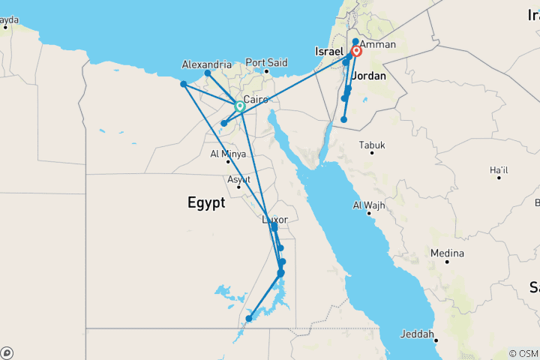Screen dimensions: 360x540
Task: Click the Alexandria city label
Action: click(x=206, y=64)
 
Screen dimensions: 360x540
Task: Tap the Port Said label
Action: click(x=266, y=62)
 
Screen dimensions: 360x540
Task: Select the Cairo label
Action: click(x=256, y=99)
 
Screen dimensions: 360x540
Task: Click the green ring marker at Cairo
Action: click(x=240, y=106)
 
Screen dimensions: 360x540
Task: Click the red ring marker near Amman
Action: click(x=356, y=52)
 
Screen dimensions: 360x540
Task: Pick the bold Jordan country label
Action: click(x=368, y=76)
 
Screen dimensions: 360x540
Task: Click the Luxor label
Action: click(x=275, y=219)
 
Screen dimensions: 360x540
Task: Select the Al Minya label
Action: click(x=229, y=155)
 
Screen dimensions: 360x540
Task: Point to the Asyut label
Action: click(x=239, y=180)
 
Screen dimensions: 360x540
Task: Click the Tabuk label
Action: click(x=372, y=144)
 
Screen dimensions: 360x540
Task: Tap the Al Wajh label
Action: click(x=368, y=205)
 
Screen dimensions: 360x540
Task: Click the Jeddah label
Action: click(x=417, y=334)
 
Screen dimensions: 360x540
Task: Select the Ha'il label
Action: click(x=499, y=170)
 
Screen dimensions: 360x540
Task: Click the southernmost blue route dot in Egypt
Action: click(x=248, y=319)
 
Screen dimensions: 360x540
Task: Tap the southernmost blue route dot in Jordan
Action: click(x=343, y=119)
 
